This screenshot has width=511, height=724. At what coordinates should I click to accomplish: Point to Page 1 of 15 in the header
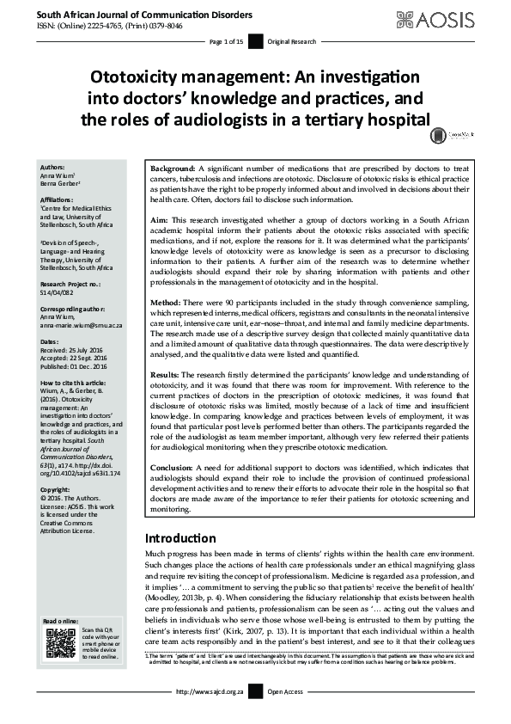pos(227,40)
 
